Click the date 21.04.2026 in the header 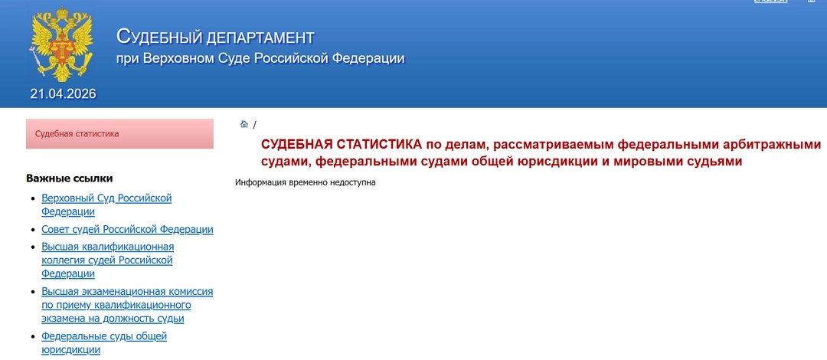click(x=63, y=94)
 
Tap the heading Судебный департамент click(x=215, y=36)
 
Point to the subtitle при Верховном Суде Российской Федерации click(x=260, y=58)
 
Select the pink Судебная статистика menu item click(x=119, y=134)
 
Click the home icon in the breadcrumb click(x=244, y=125)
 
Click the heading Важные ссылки click(x=70, y=178)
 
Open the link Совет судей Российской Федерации click(x=127, y=229)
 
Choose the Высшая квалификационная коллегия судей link click(x=107, y=260)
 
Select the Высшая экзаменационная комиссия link click(x=127, y=305)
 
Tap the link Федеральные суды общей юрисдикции click(x=104, y=342)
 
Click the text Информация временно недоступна click(x=306, y=183)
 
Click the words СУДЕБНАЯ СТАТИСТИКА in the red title click(x=342, y=144)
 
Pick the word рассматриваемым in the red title click(x=551, y=144)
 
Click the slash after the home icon click(x=254, y=125)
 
